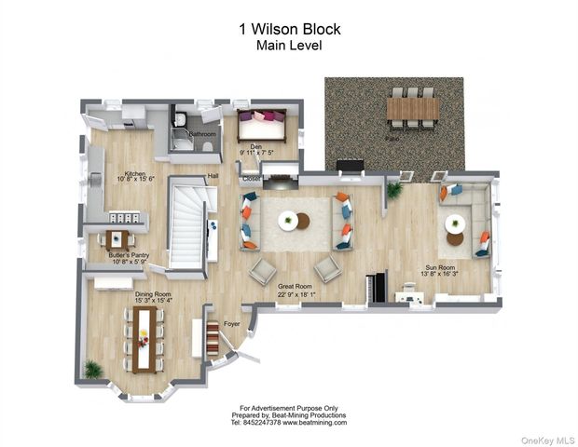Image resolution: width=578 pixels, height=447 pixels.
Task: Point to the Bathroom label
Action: (x=202, y=134)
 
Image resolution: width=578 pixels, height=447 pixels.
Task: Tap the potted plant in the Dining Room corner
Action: (x=92, y=369)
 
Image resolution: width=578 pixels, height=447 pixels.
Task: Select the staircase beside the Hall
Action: (x=186, y=223)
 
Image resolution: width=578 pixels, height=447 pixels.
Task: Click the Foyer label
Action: (x=231, y=325)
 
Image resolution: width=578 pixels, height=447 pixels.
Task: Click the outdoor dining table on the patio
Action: (x=412, y=108)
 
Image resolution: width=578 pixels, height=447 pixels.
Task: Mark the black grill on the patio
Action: (x=351, y=167)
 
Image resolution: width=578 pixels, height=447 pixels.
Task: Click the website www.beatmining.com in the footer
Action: (x=310, y=422)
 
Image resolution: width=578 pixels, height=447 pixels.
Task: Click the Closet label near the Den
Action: (x=252, y=178)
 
